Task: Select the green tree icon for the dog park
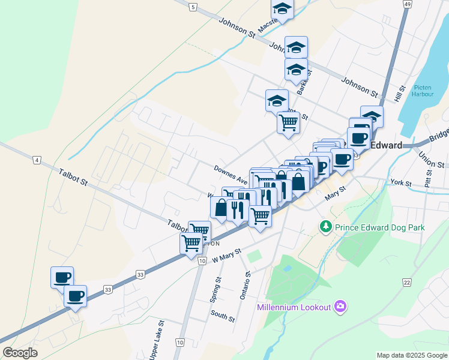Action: tap(325, 227)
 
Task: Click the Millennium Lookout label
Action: tap(294, 307)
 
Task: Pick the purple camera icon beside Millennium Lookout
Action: tap(340, 307)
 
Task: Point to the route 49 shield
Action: tap(408, 4)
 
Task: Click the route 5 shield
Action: tap(192, 7)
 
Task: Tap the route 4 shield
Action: tap(37, 160)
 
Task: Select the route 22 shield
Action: tap(407, 283)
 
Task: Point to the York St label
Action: tap(400, 182)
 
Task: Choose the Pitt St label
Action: tap(429, 178)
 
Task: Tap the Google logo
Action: tap(20, 353)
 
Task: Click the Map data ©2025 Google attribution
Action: tap(411, 355)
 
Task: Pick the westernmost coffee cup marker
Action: tap(62, 277)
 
